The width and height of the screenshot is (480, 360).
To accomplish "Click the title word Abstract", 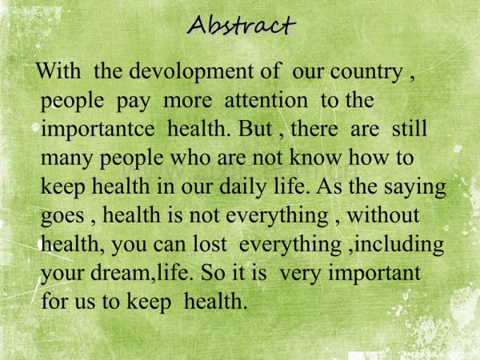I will (x=241, y=26).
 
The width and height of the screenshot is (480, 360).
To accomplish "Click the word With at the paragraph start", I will (x=59, y=72).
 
